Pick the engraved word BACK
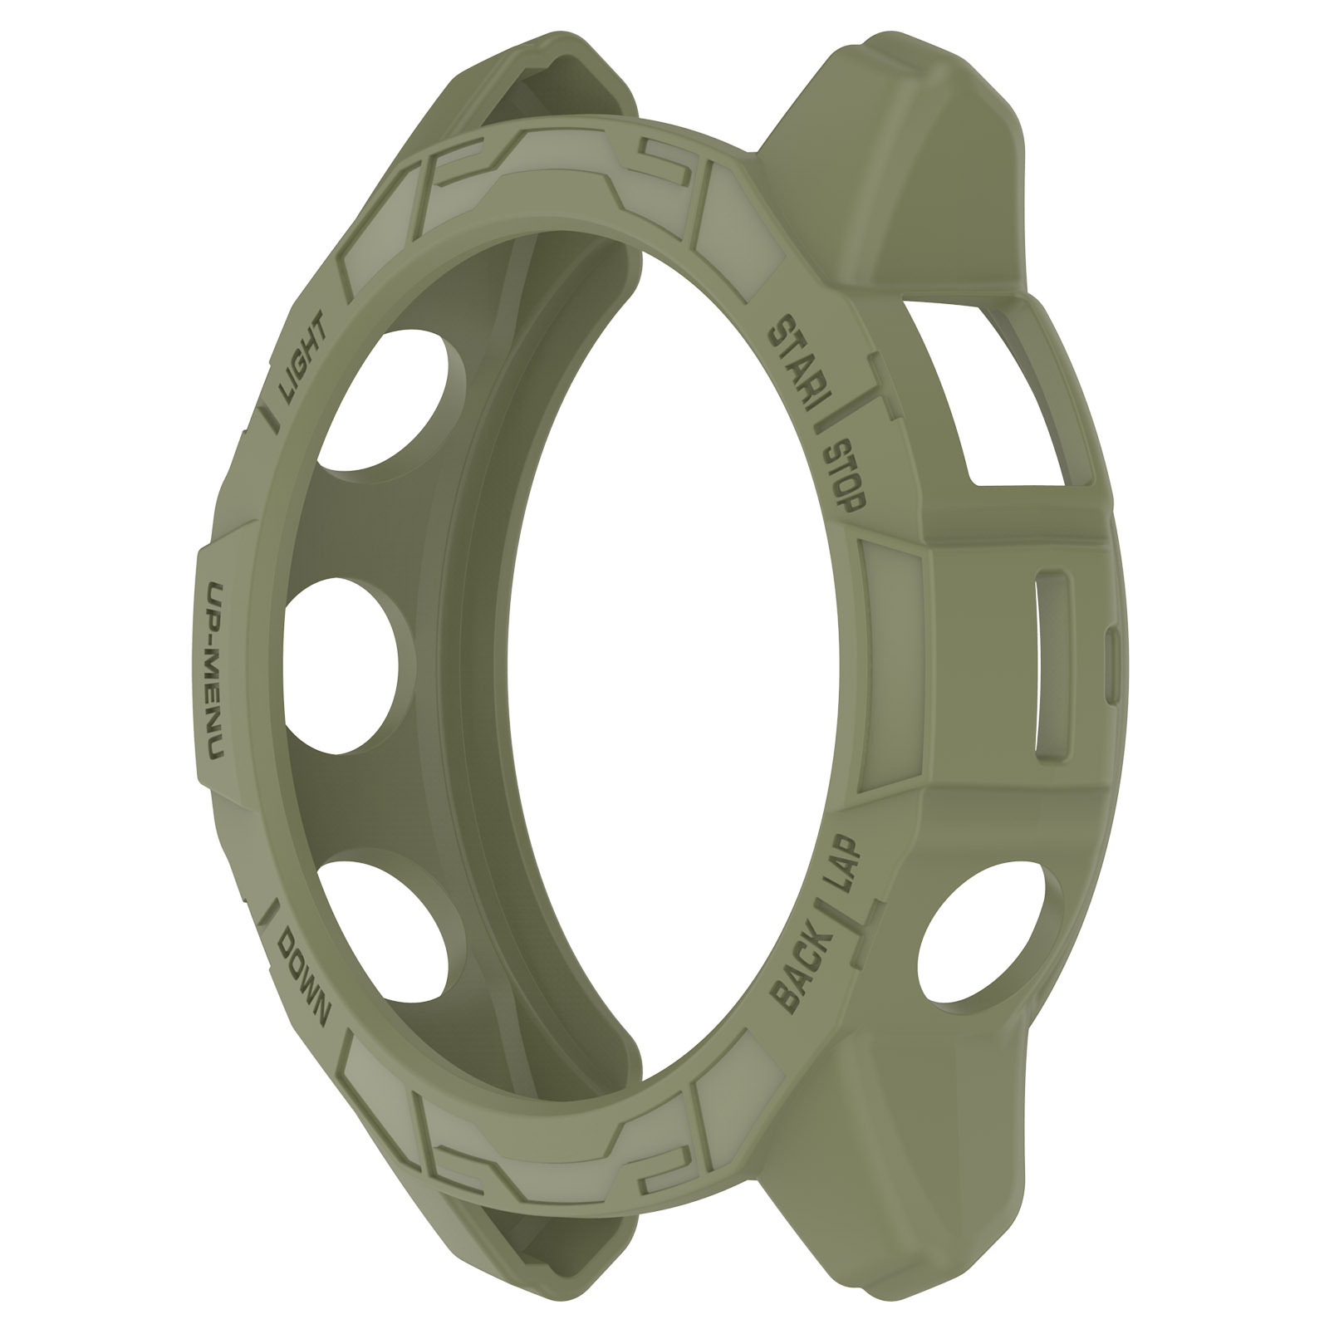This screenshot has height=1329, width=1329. [802, 970]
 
